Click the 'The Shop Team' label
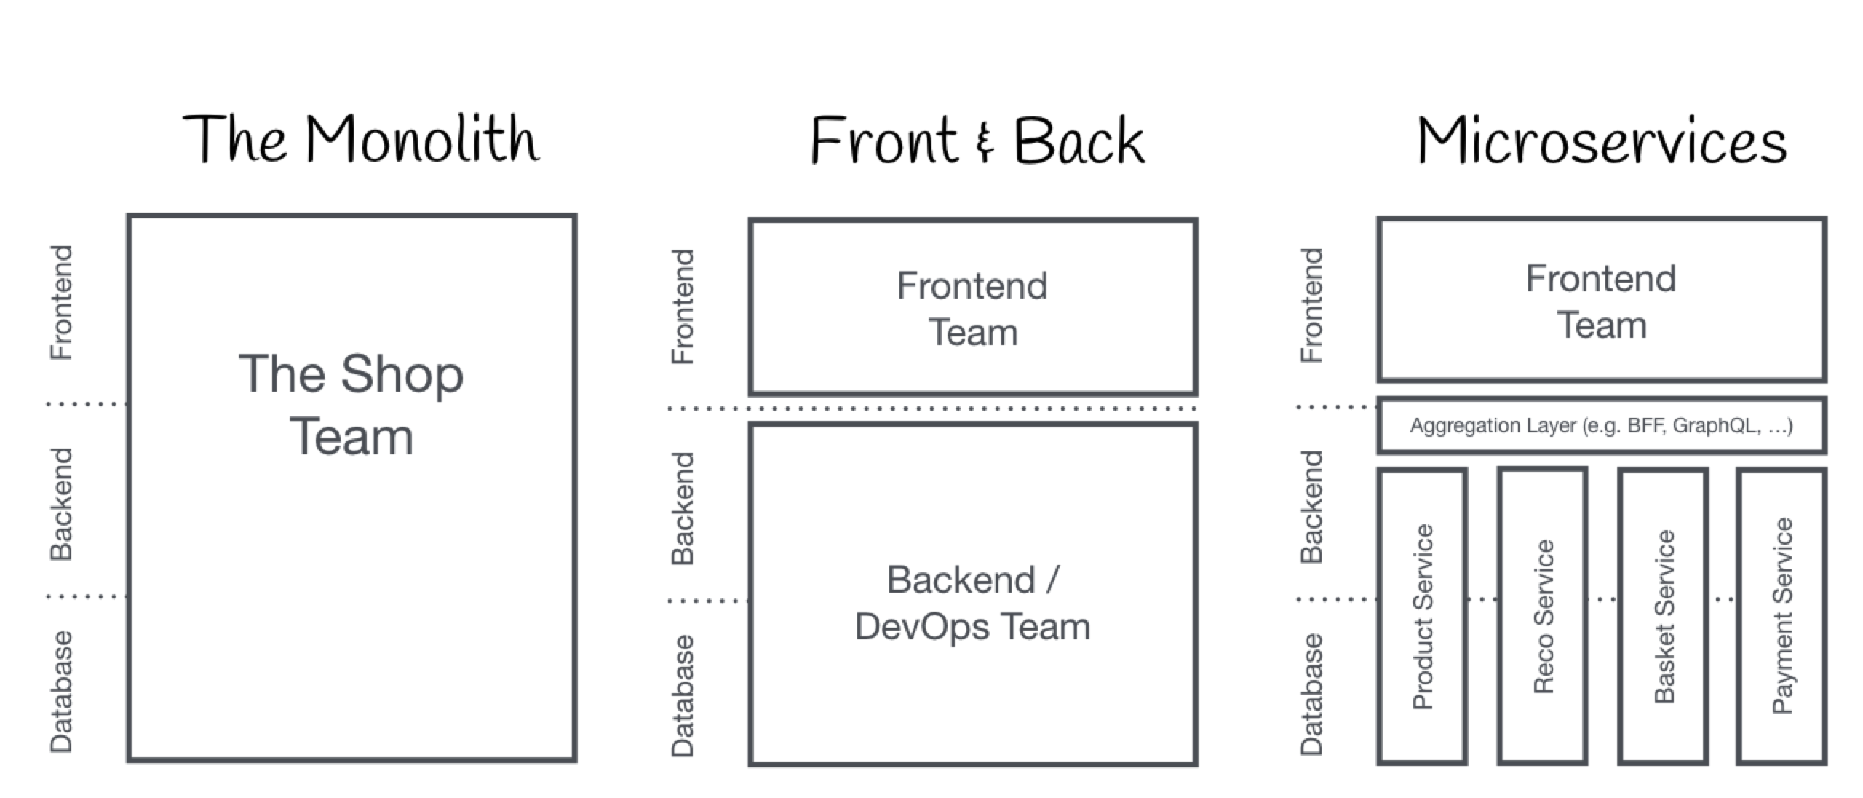pyautogui.click(x=351, y=405)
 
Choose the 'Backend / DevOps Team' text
pyautogui.click(x=972, y=603)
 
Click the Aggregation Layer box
pyautogui.click(x=1601, y=425)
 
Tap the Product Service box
pyautogui.click(x=1422, y=616)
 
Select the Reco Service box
pyautogui.click(x=1543, y=616)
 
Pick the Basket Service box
pyautogui.click(x=1664, y=616)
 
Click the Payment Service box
pyautogui.click(x=1781, y=616)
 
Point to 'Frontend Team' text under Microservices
pyautogui.click(x=1601, y=301)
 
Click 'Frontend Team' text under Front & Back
pyautogui.click(x=972, y=309)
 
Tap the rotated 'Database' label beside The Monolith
pyautogui.click(x=61, y=690)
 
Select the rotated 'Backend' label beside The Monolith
pyautogui.click(x=61, y=504)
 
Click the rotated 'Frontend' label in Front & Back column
pyautogui.click(x=683, y=306)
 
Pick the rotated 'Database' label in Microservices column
pyautogui.click(x=1311, y=693)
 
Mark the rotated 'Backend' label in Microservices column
pyautogui.click(x=1311, y=507)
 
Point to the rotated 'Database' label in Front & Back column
pyautogui.click(x=683, y=695)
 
